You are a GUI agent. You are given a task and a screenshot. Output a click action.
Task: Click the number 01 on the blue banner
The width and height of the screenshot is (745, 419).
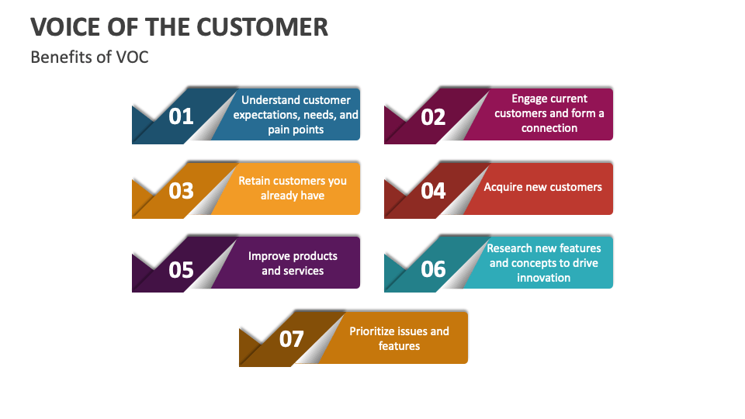coord(181,116)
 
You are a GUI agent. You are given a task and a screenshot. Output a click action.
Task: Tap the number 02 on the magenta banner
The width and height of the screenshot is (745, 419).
coord(433,116)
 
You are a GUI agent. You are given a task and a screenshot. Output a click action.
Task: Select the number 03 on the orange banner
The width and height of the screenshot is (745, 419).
coord(181,191)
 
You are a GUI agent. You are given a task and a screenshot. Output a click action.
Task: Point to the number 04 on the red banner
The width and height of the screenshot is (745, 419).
coord(433,191)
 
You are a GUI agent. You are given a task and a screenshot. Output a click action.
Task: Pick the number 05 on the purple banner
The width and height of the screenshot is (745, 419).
coord(181,269)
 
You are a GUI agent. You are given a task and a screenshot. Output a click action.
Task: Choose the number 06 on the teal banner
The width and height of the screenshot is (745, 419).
coord(433,269)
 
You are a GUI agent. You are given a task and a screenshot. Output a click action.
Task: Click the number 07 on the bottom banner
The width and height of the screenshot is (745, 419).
coord(292,339)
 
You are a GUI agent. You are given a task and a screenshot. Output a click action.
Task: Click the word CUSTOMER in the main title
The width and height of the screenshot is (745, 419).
coord(262,27)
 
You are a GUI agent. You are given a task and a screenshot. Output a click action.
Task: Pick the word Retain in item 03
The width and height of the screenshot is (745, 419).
coord(255,181)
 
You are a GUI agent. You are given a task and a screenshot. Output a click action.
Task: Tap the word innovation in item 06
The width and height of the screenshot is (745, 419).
coord(543,278)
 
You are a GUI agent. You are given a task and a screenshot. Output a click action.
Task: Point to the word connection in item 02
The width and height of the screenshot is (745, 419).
coord(549,128)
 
